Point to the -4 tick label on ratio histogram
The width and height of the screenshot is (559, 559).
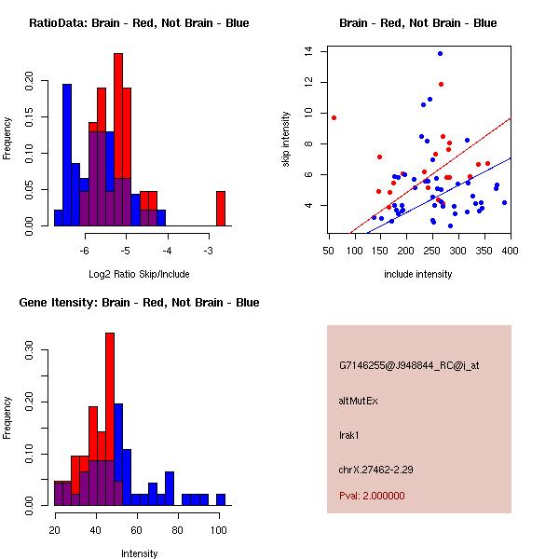tap(168, 249)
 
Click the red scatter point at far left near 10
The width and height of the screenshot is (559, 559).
tap(334, 117)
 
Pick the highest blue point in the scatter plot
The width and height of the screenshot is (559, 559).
tap(440, 53)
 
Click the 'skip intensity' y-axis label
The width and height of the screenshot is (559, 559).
tap(287, 139)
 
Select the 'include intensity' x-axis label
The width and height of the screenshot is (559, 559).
tap(418, 274)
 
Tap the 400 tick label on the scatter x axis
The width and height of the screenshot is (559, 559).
tap(510, 250)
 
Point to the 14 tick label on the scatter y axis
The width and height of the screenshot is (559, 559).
tap(308, 52)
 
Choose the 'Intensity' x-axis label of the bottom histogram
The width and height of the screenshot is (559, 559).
tap(139, 553)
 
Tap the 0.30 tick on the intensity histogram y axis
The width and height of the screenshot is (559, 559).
tap(29, 354)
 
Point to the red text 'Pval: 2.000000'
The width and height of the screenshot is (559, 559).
tap(372, 496)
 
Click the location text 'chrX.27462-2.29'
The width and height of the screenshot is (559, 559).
tap(375, 469)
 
